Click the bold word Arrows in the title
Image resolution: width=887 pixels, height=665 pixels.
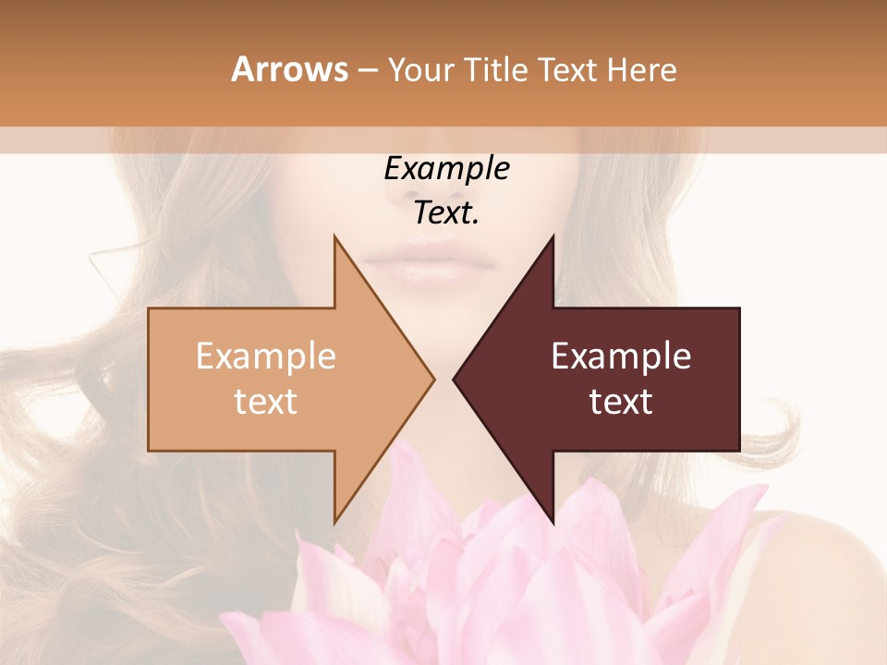pyautogui.click(x=288, y=69)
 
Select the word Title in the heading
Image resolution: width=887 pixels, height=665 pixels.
pyautogui.click(x=500, y=70)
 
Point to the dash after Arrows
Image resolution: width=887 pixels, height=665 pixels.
pyautogui.click(x=367, y=71)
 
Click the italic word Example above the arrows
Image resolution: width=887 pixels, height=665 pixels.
pyautogui.click(x=446, y=169)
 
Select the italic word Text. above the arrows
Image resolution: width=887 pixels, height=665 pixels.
pyautogui.click(x=446, y=213)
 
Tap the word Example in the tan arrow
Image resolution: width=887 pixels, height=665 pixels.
pyautogui.click(x=265, y=357)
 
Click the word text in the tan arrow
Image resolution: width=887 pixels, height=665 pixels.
pyautogui.click(x=265, y=402)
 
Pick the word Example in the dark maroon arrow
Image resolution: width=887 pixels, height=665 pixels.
pyautogui.click(x=621, y=357)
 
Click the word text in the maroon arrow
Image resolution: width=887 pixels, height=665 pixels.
pyautogui.click(x=621, y=402)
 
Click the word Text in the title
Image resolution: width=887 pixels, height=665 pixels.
pyautogui.click(x=571, y=70)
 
